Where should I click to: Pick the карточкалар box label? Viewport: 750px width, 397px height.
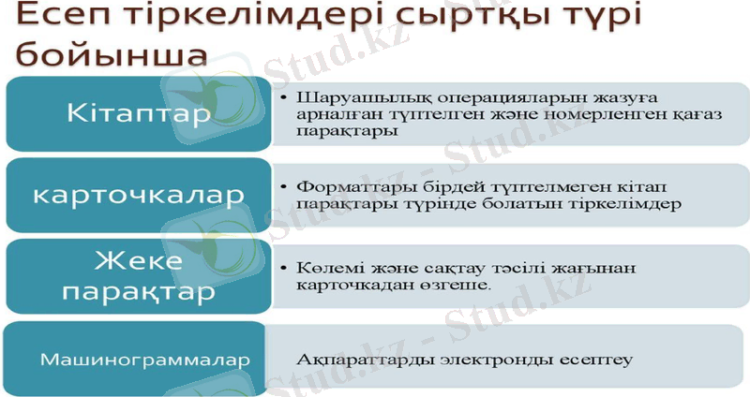(x=138, y=194)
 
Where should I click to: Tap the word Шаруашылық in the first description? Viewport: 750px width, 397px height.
(x=343, y=97)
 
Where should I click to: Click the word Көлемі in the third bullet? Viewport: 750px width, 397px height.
(x=321, y=268)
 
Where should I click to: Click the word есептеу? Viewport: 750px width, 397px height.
(x=591, y=359)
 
